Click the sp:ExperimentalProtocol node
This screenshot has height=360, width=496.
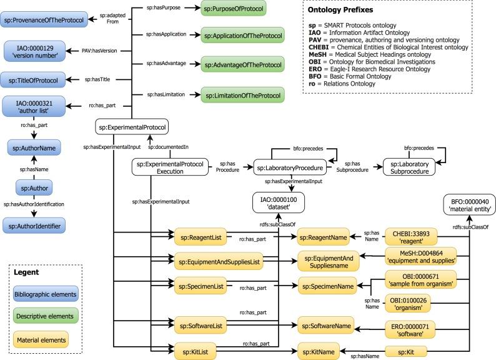click(132, 128)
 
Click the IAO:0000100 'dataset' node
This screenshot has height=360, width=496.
click(276, 203)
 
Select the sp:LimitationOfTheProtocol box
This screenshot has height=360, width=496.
click(241, 94)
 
